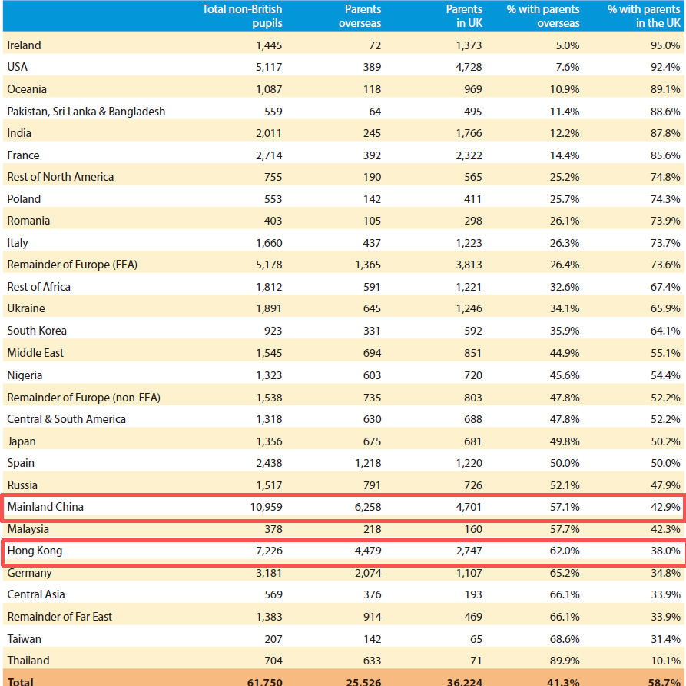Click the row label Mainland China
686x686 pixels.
[x=45, y=507]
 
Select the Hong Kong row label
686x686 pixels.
[x=35, y=551]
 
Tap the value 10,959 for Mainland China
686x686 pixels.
[x=262, y=507]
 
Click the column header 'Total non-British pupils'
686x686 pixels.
[x=242, y=16]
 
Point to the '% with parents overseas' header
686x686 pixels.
[x=543, y=16]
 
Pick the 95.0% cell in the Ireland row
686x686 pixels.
[x=665, y=45]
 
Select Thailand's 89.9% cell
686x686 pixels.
[x=565, y=661]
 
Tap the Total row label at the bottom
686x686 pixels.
[x=21, y=681]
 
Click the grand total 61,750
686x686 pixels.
[x=262, y=681]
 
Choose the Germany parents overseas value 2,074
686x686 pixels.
[x=366, y=573]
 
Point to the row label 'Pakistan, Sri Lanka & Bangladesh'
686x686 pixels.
[x=86, y=112]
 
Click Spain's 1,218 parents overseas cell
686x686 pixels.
[x=366, y=463]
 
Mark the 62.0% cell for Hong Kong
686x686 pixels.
[x=565, y=551]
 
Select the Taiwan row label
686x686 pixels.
[x=25, y=639]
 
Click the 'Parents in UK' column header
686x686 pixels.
[x=464, y=16]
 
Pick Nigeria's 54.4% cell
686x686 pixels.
[x=665, y=375]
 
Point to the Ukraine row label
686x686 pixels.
[x=26, y=308]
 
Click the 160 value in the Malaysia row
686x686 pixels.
[x=472, y=529]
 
